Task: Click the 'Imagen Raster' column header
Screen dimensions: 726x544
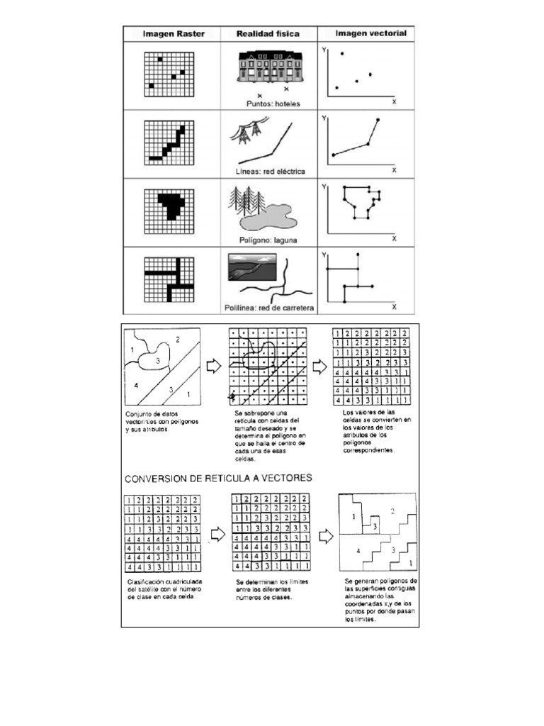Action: click(x=172, y=33)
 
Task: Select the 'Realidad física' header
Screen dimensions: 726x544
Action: click(x=267, y=33)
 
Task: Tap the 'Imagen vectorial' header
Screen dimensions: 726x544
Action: click(x=365, y=33)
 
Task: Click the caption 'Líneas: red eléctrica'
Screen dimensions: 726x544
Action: click(x=269, y=172)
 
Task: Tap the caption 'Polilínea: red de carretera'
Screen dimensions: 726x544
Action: click(x=268, y=308)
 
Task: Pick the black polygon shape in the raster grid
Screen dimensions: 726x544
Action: click(x=171, y=203)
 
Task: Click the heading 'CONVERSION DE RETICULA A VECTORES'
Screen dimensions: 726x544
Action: click(x=218, y=479)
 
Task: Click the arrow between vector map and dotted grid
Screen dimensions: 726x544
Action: click(x=212, y=366)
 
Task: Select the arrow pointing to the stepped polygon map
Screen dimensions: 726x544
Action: click(x=326, y=536)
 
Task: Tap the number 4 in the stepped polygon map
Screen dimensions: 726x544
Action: click(x=358, y=551)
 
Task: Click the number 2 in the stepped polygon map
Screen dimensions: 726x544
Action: click(x=392, y=511)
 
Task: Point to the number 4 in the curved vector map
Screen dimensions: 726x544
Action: click(x=135, y=385)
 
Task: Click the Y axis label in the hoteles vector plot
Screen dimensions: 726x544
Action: click(x=324, y=50)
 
